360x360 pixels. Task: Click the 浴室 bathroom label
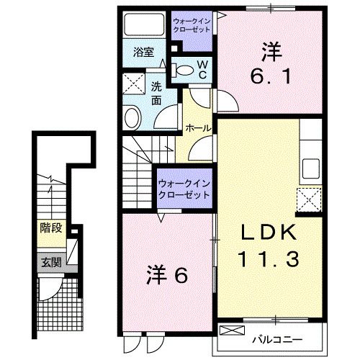143,52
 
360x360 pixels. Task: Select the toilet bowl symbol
186,70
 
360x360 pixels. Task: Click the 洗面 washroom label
156,94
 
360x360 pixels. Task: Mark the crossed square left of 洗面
132,85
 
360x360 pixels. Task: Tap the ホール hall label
197,128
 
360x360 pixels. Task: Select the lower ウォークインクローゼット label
184,189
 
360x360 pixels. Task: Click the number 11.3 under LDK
265,257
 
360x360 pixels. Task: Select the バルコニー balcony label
276,338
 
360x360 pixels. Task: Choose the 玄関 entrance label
50,263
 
